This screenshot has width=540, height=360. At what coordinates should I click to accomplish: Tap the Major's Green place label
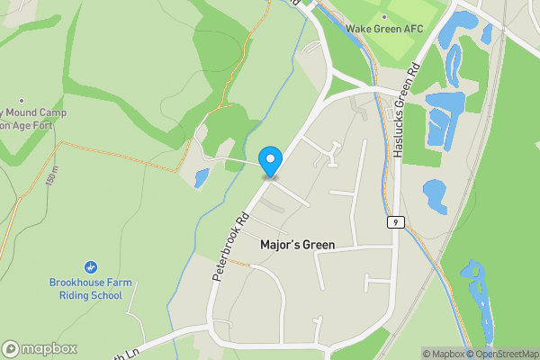(x=297, y=245)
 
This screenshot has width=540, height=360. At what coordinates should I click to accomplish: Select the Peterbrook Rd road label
(x=229, y=248)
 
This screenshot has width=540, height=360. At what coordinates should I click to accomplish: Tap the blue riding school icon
(x=90, y=267)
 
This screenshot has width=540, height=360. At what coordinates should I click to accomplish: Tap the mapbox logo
(x=40, y=348)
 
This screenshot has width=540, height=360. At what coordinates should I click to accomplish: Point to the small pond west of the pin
(x=201, y=177)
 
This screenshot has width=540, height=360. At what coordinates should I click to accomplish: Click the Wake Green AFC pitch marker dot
(x=383, y=17)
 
